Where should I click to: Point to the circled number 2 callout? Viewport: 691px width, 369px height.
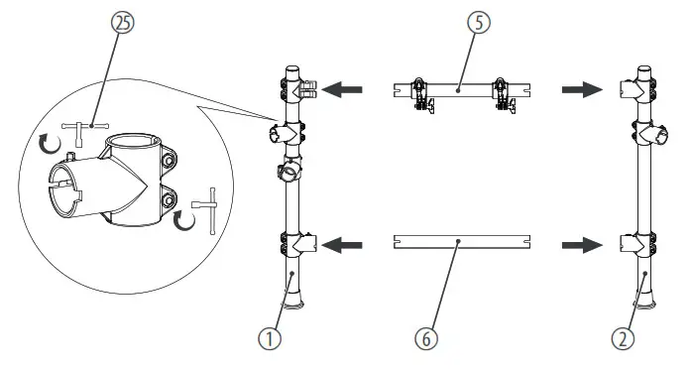(x=623, y=338)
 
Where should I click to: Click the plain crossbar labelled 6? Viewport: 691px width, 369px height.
(x=461, y=240)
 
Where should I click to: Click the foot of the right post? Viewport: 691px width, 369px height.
(x=645, y=299)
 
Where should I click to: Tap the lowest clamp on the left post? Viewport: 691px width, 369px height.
(x=298, y=242)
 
